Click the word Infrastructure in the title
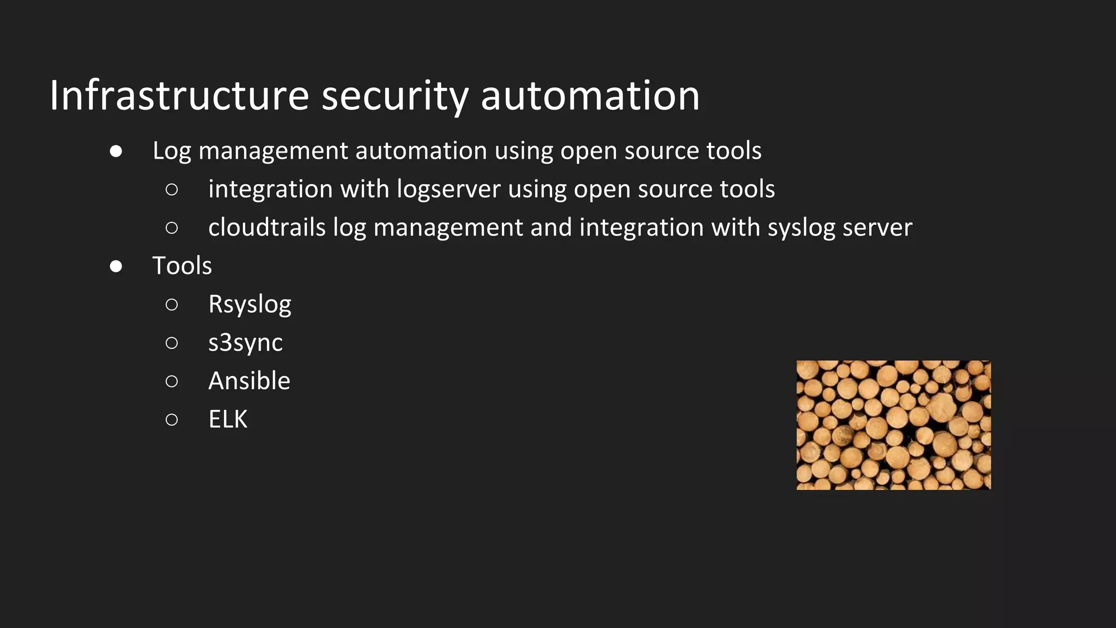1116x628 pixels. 179,96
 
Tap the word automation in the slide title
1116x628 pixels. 590,96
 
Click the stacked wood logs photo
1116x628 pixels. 894,425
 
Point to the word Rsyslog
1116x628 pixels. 250,305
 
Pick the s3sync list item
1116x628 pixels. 245,343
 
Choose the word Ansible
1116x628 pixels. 249,381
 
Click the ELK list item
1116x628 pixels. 228,419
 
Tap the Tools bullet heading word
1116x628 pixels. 182,266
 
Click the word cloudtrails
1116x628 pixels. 267,227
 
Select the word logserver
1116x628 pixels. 448,189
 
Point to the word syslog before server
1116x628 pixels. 801,228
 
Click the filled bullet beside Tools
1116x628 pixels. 116,266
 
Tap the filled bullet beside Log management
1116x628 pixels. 116,151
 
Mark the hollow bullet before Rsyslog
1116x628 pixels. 172,304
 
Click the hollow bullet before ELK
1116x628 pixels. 172,419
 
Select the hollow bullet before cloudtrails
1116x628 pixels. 172,227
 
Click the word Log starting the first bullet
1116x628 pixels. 172,151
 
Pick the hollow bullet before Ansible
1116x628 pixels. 172,381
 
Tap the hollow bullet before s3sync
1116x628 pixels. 172,342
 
